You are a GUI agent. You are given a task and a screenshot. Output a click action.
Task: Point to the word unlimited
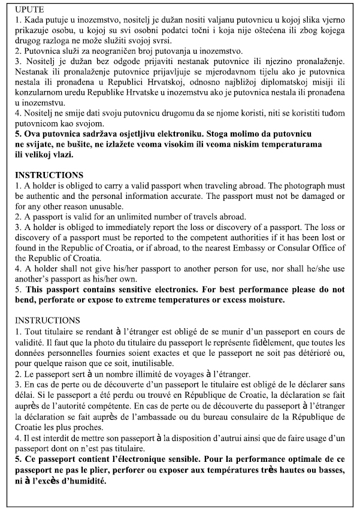tap(129, 216)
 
